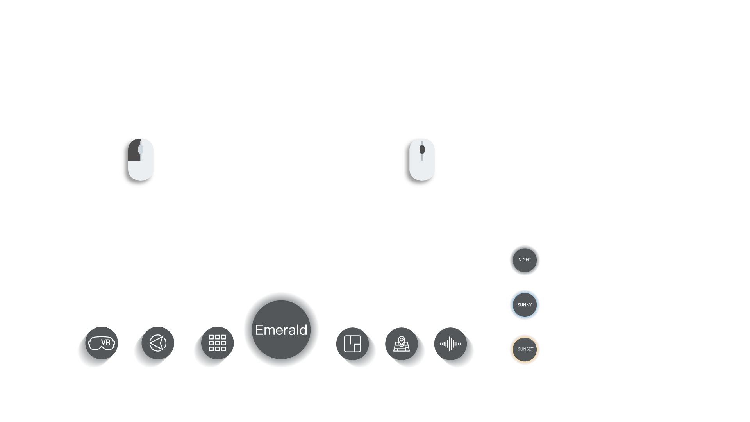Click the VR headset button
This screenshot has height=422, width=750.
pyautogui.click(x=102, y=343)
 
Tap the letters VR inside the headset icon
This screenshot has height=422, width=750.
pyautogui.click(x=105, y=343)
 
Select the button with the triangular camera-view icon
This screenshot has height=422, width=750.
pyautogui.click(x=158, y=343)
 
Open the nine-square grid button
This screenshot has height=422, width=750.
pyautogui.click(x=218, y=343)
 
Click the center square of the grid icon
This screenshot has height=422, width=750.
pyautogui.click(x=218, y=343)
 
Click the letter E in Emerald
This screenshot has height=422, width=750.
pyautogui.click(x=259, y=330)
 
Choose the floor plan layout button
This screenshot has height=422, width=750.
pyautogui.click(x=352, y=344)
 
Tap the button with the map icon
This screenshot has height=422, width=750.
pyautogui.click(x=402, y=344)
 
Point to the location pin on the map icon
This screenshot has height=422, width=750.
pyautogui.click(x=402, y=340)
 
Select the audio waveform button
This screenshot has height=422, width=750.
pyautogui.click(x=450, y=344)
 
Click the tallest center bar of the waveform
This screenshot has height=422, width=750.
pyautogui.click(x=450, y=344)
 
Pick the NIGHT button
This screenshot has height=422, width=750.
pyautogui.click(x=525, y=260)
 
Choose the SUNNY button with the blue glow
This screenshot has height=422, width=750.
pyautogui.click(x=525, y=305)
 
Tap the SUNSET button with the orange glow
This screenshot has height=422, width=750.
pyautogui.click(x=525, y=349)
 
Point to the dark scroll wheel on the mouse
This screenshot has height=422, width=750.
pyautogui.click(x=422, y=149)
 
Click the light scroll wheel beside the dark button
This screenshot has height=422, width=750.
pyautogui.click(x=141, y=149)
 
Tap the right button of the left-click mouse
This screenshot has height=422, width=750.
pyautogui.click(x=148, y=150)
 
